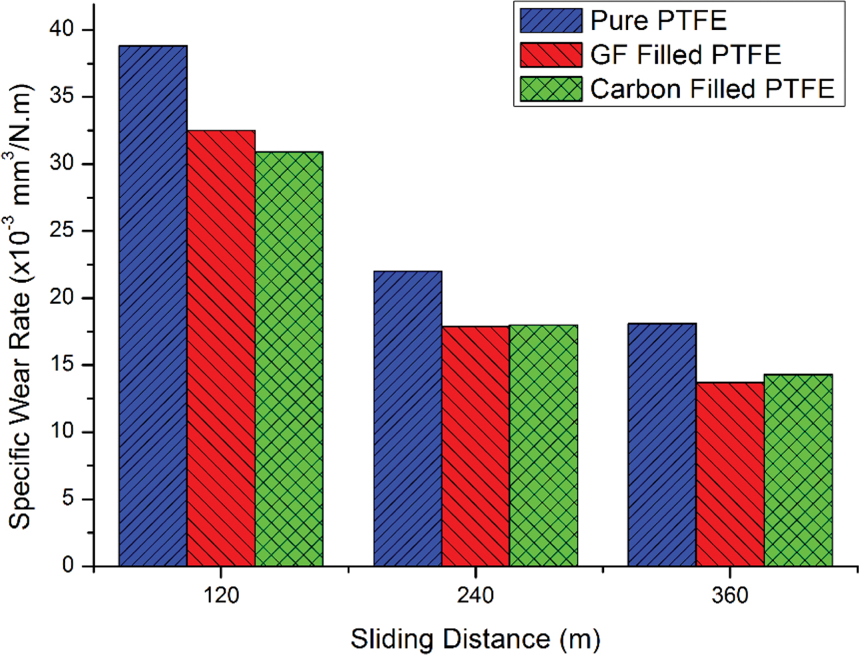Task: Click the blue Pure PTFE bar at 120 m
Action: click(152, 306)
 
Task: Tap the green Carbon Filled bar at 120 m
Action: click(289, 359)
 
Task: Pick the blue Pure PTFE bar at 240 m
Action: click(407, 418)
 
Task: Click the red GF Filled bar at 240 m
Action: click(476, 446)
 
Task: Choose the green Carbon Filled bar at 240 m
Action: click(544, 446)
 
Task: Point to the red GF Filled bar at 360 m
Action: click(730, 474)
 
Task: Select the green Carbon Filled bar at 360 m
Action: click(798, 470)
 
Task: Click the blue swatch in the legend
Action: click(551, 21)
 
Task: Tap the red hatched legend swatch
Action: click(551, 55)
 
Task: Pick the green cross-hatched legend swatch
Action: click(551, 89)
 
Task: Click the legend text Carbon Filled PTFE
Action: click(712, 89)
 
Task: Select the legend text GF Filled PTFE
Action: click(685, 55)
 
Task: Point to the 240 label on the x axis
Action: click(475, 595)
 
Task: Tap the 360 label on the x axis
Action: click(730, 595)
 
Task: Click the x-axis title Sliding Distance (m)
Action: click(475, 639)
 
